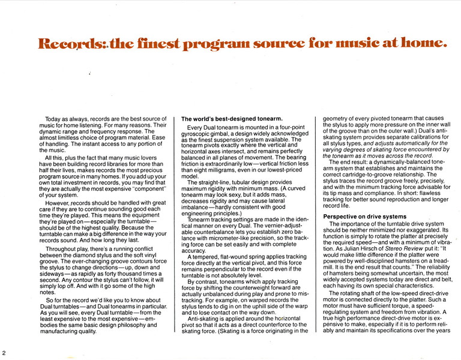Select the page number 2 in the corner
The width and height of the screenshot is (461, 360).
(4, 352)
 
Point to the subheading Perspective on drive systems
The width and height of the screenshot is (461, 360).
(365, 216)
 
